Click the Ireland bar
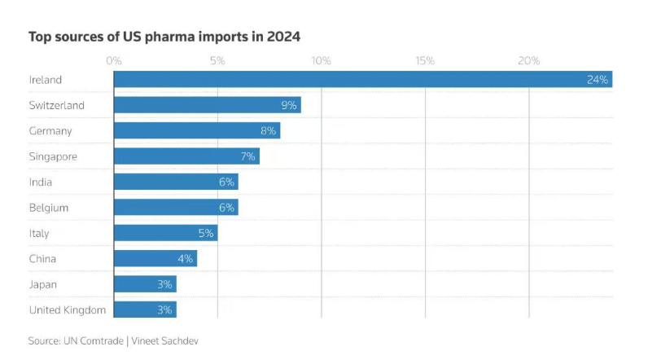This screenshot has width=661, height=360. (x=362, y=79)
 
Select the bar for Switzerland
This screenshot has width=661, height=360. (x=207, y=105)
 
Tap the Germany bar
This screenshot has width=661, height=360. (x=196, y=130)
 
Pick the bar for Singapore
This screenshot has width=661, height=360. (x=186, y=156)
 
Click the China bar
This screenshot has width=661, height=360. (x=155, y=258)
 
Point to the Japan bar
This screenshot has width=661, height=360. (x=145, y=284)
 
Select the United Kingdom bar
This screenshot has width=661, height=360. (x=145, y=310)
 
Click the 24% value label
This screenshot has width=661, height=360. (x=597, y=80)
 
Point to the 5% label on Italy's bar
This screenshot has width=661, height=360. (x=205, y=233)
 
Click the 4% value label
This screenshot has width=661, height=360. (x=185, y=259)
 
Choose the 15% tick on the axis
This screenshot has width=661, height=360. (x=425, y=60)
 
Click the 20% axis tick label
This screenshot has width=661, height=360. (x=529, y=60)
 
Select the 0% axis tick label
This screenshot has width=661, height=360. (x=114, y=60)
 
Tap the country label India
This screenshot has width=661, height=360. (x=41, y=182)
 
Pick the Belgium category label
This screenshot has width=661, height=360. (x=49, y=208)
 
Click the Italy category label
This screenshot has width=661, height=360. (x=39, y=233)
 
